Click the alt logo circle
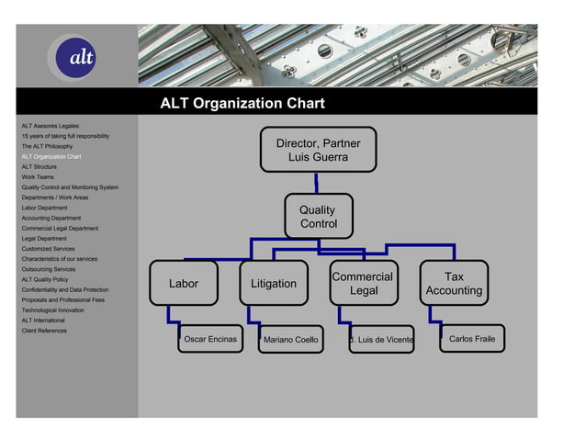(77, 57)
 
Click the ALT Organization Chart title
(242, 104)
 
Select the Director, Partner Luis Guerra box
(318, 151)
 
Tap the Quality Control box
(318, 217)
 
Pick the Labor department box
(184, 284)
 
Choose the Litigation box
(274, 284)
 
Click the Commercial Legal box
(363, 284)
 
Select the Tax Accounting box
(454, 284)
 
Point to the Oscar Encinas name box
(210, 340)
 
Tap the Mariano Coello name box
(290, 341)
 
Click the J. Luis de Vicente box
(381, 341)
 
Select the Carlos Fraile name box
(471, 339)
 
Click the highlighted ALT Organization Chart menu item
(51, 157)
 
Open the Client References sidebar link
(44, 331)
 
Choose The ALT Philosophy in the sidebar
(47, 146)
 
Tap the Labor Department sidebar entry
(44, 208)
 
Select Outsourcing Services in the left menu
(49, 269)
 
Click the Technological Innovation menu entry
(52, 310)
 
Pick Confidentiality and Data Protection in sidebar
(64, 289)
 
